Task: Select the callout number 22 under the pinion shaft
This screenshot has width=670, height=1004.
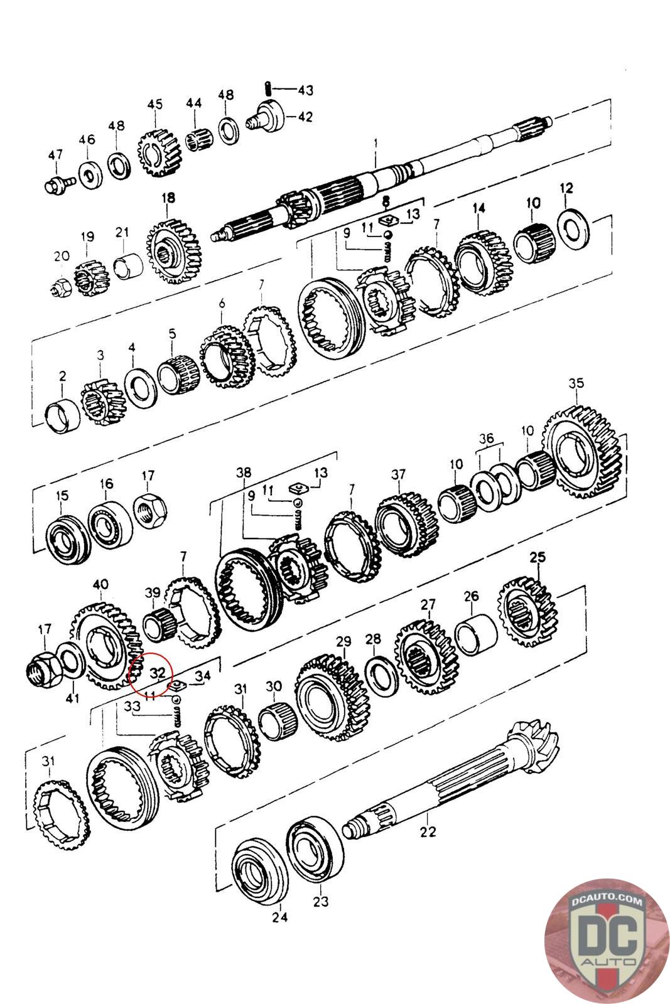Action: point(428,832)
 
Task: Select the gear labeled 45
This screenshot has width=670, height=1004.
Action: point(154,154)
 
